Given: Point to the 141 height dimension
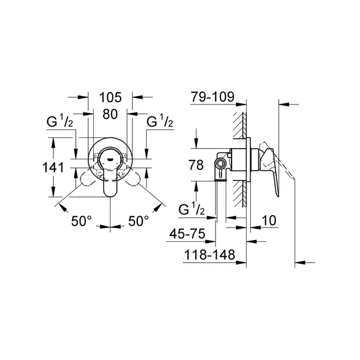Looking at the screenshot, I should [x=54, y=168].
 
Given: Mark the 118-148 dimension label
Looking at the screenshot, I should [x=207, y=255].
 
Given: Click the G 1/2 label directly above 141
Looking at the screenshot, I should [x=60, y=123].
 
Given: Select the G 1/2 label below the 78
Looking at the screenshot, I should [x=193, y=210].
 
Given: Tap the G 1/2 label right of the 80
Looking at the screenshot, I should [x=159, y=123].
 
